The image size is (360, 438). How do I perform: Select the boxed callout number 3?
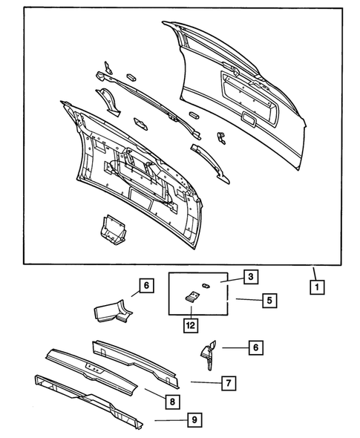pyautogui.click(x=251, y=277)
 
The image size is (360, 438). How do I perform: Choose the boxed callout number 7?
pyautogui.click(x=229, y=383)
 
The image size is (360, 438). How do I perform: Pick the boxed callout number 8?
pyautogui.click(x=171, y=402)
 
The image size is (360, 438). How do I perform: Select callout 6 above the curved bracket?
pyautogui.click(x=145, y=284)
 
